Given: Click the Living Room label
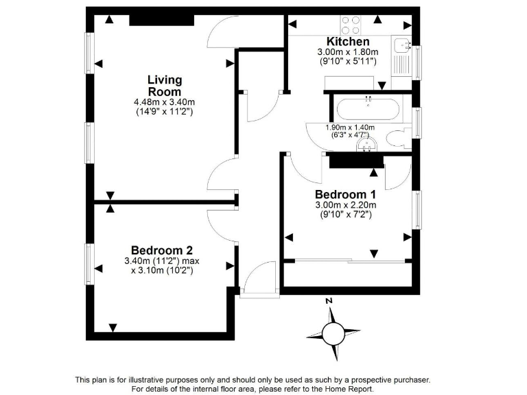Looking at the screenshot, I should click(164, 86).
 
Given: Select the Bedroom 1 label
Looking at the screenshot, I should click(344, 194).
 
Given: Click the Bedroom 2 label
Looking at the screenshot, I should click(161, 250).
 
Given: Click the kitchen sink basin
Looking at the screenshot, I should click(402, 46).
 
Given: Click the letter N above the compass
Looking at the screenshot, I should click(329, 301).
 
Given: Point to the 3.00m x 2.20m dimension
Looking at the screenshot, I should click(345, 204).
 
